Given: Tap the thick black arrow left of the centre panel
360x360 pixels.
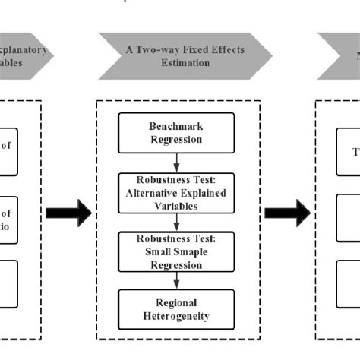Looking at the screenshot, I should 68,213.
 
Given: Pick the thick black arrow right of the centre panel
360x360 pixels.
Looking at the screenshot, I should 287,213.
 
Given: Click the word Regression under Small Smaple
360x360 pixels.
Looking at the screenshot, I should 176,265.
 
